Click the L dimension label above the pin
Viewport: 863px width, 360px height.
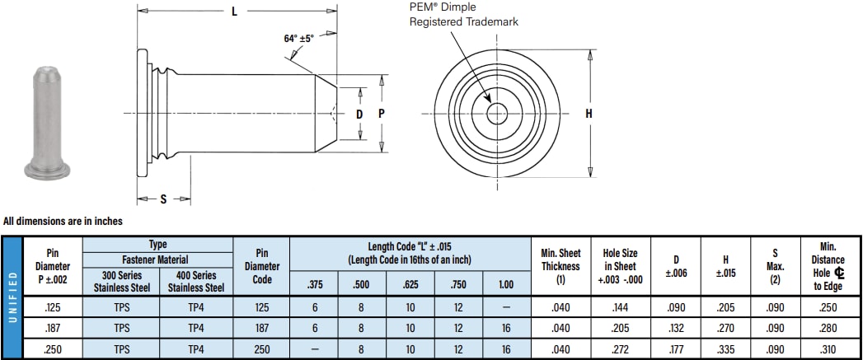tap(235, 13)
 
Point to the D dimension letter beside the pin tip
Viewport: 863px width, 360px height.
tap(359, 114)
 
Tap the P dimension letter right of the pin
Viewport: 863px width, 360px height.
tap(381, 114)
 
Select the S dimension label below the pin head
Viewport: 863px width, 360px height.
tap(163, 199)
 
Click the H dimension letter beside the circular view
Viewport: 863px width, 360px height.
tap(589, 114)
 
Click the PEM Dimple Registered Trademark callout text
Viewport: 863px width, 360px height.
tap(464, 14)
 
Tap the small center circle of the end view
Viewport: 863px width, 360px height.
tap(497, 114)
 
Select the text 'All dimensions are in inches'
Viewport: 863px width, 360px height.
tap(63, 221)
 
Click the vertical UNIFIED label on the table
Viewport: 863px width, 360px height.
tap(12, 297)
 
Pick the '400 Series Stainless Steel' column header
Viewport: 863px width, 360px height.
tap(195, 282)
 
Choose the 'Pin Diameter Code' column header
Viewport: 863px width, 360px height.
tap(261, 265)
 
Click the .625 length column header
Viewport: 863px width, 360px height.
tap(410, 284)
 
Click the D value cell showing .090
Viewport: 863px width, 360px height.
tap(676, 306)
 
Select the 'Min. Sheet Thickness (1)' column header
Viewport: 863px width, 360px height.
tap(560, 265)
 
